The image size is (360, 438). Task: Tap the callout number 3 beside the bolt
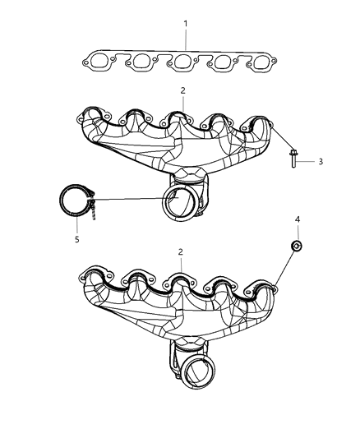click(321, 161)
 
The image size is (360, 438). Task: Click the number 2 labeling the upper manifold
click(182, 91)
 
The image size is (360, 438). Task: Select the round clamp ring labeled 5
click(76, 202)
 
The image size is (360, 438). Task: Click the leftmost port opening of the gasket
click(105, 60)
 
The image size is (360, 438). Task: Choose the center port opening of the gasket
click(182, 61)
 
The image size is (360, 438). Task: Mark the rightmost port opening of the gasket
click(261, 61)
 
